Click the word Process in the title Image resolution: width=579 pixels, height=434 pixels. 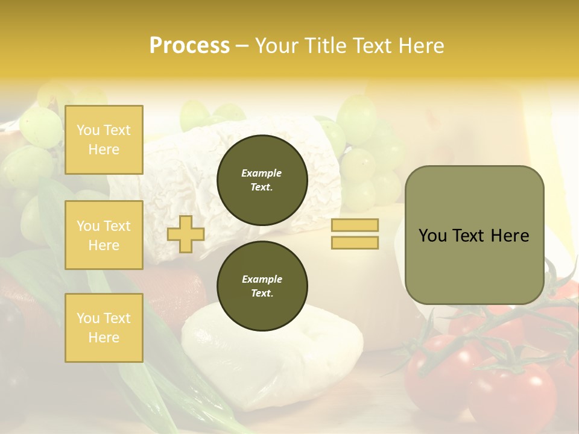[189, 46]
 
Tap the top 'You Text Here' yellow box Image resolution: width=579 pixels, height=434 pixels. [104, 140]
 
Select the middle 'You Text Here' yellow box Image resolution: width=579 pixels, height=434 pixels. [104, 235]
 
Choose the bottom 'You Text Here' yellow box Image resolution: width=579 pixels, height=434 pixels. [104, 328]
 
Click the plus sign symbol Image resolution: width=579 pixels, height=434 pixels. [185, 234]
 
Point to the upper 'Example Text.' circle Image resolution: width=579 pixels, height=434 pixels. [262, 180]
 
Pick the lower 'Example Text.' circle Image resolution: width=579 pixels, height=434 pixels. [262, 286]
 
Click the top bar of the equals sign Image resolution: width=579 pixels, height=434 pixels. [355, 225]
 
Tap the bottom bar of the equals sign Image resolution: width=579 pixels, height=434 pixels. [355, 243]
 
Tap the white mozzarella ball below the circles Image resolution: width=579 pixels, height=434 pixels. [271, 356]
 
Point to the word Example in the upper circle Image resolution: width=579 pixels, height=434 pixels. [262, 173]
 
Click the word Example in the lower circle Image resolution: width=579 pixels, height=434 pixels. [262, 279]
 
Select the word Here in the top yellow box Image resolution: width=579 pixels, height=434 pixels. [104, 149]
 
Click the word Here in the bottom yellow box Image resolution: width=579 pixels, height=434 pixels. [104, 338]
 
